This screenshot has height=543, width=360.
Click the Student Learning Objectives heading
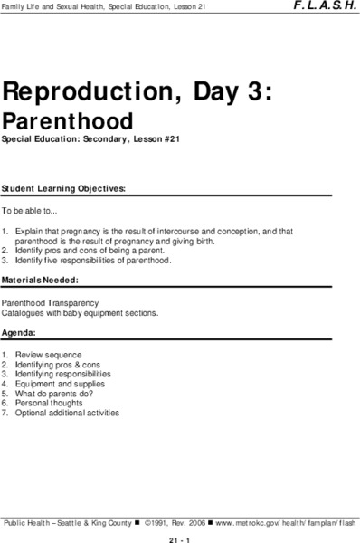pyautogui.click(x=63, y=188)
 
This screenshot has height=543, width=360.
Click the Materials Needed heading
pyautogui.click(x=41, y=281)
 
